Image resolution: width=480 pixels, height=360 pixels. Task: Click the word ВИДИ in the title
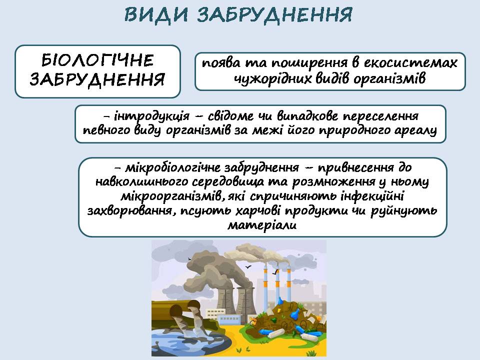click(156, 14)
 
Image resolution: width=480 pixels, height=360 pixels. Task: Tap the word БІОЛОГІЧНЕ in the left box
click(97, 60)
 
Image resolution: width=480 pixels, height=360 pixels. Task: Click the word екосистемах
click(410, 63)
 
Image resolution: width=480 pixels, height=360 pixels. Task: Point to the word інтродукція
click(151, 116)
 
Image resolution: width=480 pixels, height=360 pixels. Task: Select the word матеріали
click(262, 225)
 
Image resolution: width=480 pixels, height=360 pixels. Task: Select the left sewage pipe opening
click(175, 310)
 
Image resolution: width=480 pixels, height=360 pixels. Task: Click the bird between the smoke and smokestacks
click(248, 267)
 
